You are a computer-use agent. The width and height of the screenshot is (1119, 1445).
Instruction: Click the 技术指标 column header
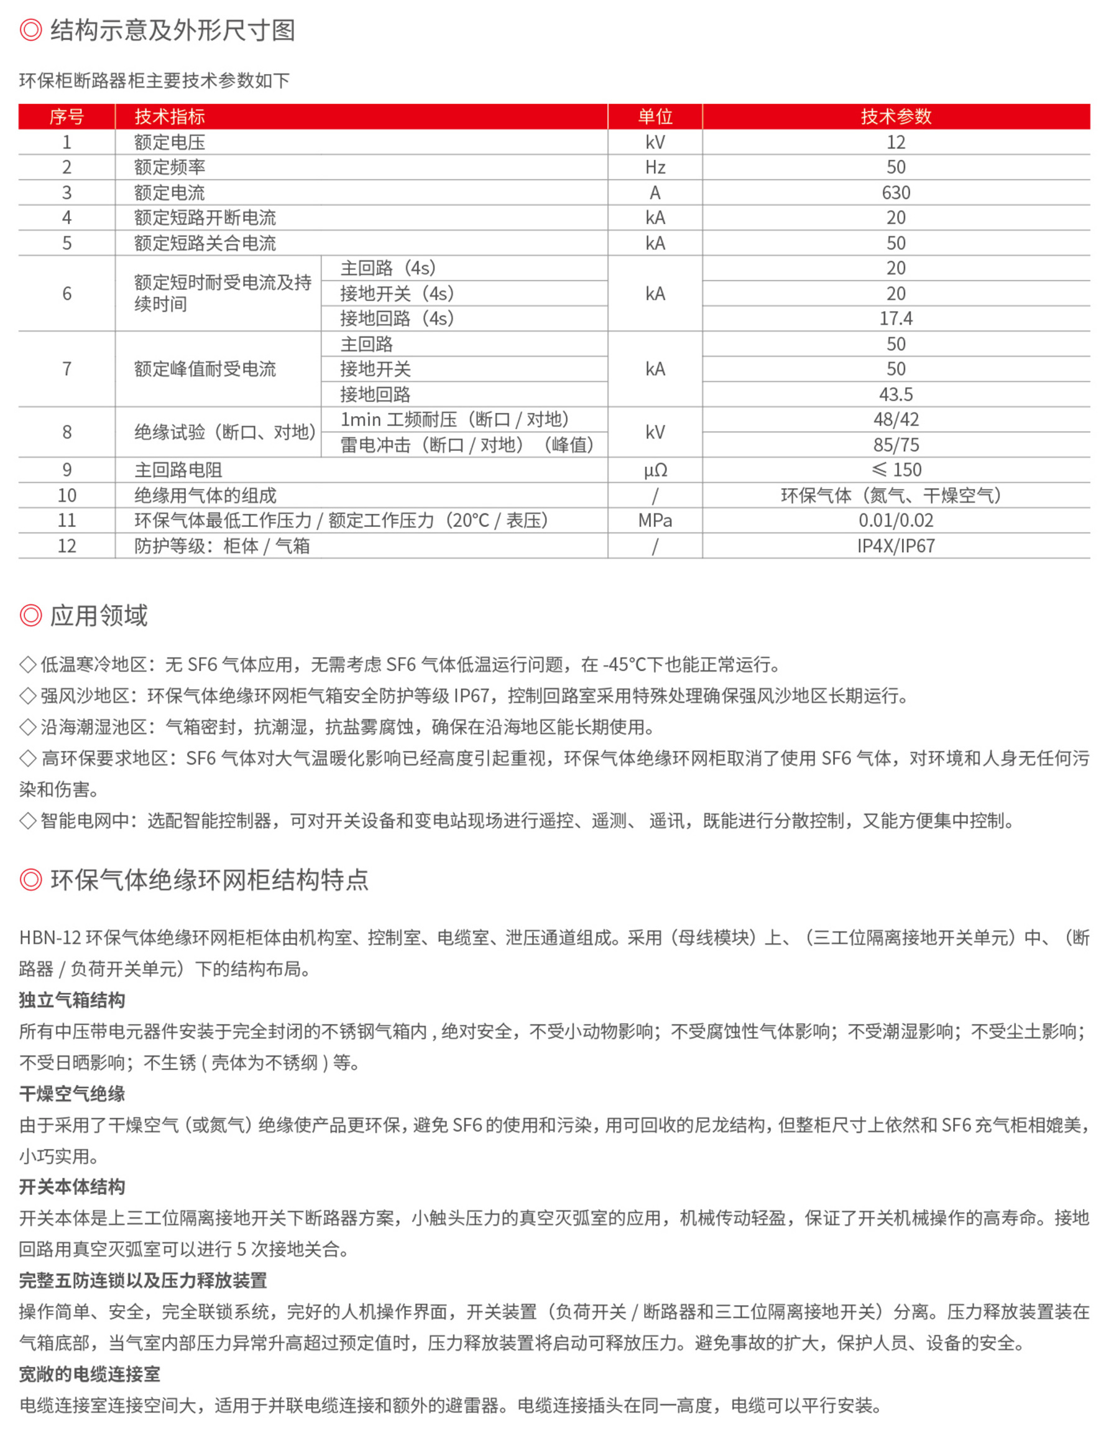pos(169,116)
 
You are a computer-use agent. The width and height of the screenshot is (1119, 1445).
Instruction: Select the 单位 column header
pos(654,116)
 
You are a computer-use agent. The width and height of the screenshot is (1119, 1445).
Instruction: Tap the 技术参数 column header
pos(895,116)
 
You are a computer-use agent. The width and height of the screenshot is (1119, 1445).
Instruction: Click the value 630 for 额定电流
pos(895,193)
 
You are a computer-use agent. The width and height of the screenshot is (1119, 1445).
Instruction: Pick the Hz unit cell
pos(654,167)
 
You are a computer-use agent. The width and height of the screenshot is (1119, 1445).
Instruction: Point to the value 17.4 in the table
pos(895,318)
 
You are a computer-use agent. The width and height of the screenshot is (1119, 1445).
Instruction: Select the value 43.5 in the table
pos(895,394)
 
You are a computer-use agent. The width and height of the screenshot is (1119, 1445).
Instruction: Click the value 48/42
pos(895,419)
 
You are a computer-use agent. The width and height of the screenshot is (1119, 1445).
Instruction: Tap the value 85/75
pos(895,445)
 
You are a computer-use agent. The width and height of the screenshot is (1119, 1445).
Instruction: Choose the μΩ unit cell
pos(655,470)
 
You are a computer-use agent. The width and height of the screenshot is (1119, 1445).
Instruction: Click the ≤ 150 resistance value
pos(895,470)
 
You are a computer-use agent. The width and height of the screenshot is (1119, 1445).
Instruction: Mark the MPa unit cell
pos(654,521)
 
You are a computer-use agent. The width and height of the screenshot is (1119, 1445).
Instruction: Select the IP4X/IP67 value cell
pos(895,546)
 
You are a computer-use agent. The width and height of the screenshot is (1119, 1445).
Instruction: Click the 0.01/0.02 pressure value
pos(895,521)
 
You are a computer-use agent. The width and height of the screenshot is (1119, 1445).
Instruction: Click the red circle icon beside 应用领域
pos(30,615)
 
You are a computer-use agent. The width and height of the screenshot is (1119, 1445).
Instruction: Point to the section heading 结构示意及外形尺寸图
pos(173,30)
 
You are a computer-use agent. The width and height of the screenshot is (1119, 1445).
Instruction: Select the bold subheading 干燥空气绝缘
pos(72,1094)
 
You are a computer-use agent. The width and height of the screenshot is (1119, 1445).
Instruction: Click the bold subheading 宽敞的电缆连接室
pos(90,1374)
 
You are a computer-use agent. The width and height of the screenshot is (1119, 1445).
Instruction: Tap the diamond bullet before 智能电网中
pos(28,821)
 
